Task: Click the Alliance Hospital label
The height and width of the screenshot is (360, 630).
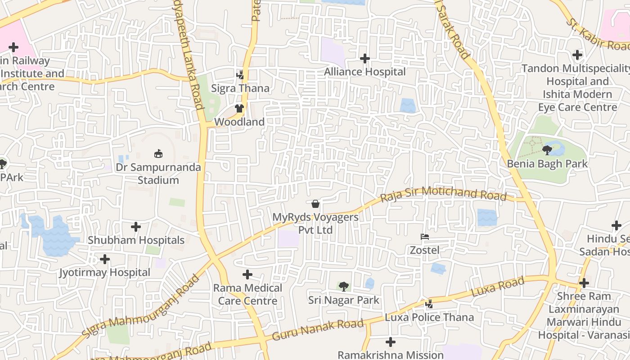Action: pyautogui.click(x=364, y=72)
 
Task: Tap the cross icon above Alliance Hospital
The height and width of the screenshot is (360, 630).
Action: pyautogui.click(x=365, y=58)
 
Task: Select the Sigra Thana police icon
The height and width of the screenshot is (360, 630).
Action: pyautogui.click(x=240, y=75)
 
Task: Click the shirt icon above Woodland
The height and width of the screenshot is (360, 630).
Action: pyautogui.click(x=239, y=108)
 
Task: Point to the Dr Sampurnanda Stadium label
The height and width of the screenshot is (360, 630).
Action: pyautogui.click(x=158, y=174)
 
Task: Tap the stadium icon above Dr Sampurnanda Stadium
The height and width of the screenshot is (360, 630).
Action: pyautogui.click(x=158, y=154)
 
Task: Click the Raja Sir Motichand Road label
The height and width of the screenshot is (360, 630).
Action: pyautogui.click(x=443, y=194)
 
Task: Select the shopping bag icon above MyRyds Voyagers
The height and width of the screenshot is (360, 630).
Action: pyautogui.click(x=315, y=204)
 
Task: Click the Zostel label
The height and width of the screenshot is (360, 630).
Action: pyautogui.click(x=424, y=250)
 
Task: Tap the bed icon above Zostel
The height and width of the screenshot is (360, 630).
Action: pyautogui.click(x=424, y=237)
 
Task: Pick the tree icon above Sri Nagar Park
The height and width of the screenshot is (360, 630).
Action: pyautogui.click(x=344, y=286)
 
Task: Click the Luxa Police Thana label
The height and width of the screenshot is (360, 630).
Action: pyautogui.click(x=429, y=317)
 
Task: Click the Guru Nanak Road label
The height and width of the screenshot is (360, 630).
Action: pyautogui.click(x=318, y=330)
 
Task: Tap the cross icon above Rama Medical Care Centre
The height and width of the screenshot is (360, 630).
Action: pyautogui.click(x=247, y=274)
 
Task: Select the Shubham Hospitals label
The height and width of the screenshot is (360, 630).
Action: pyautogui.click(x=136, y=240)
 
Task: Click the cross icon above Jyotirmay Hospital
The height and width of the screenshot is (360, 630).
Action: pyautogui.click(x=105, y=259)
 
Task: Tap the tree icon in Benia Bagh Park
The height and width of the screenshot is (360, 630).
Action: pyautogui.click(x=547, y=150)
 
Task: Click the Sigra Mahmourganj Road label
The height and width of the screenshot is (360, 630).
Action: pyautogui.click(x=140, y=306)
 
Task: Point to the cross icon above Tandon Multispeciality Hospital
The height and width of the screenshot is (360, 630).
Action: pyautogui.click(x=577, y=55)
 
